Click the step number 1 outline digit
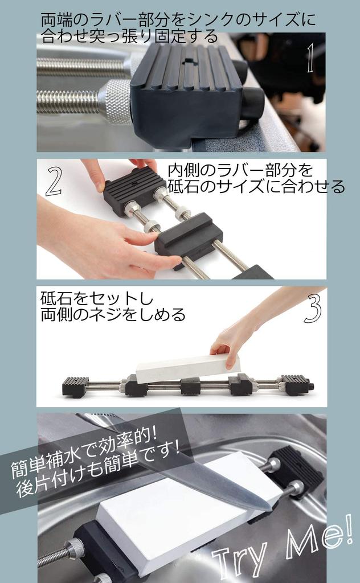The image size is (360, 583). click(x=309, y=60)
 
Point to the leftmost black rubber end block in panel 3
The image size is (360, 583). click(x=75, y=387)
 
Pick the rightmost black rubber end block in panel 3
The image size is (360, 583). click(x=296, y=384)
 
